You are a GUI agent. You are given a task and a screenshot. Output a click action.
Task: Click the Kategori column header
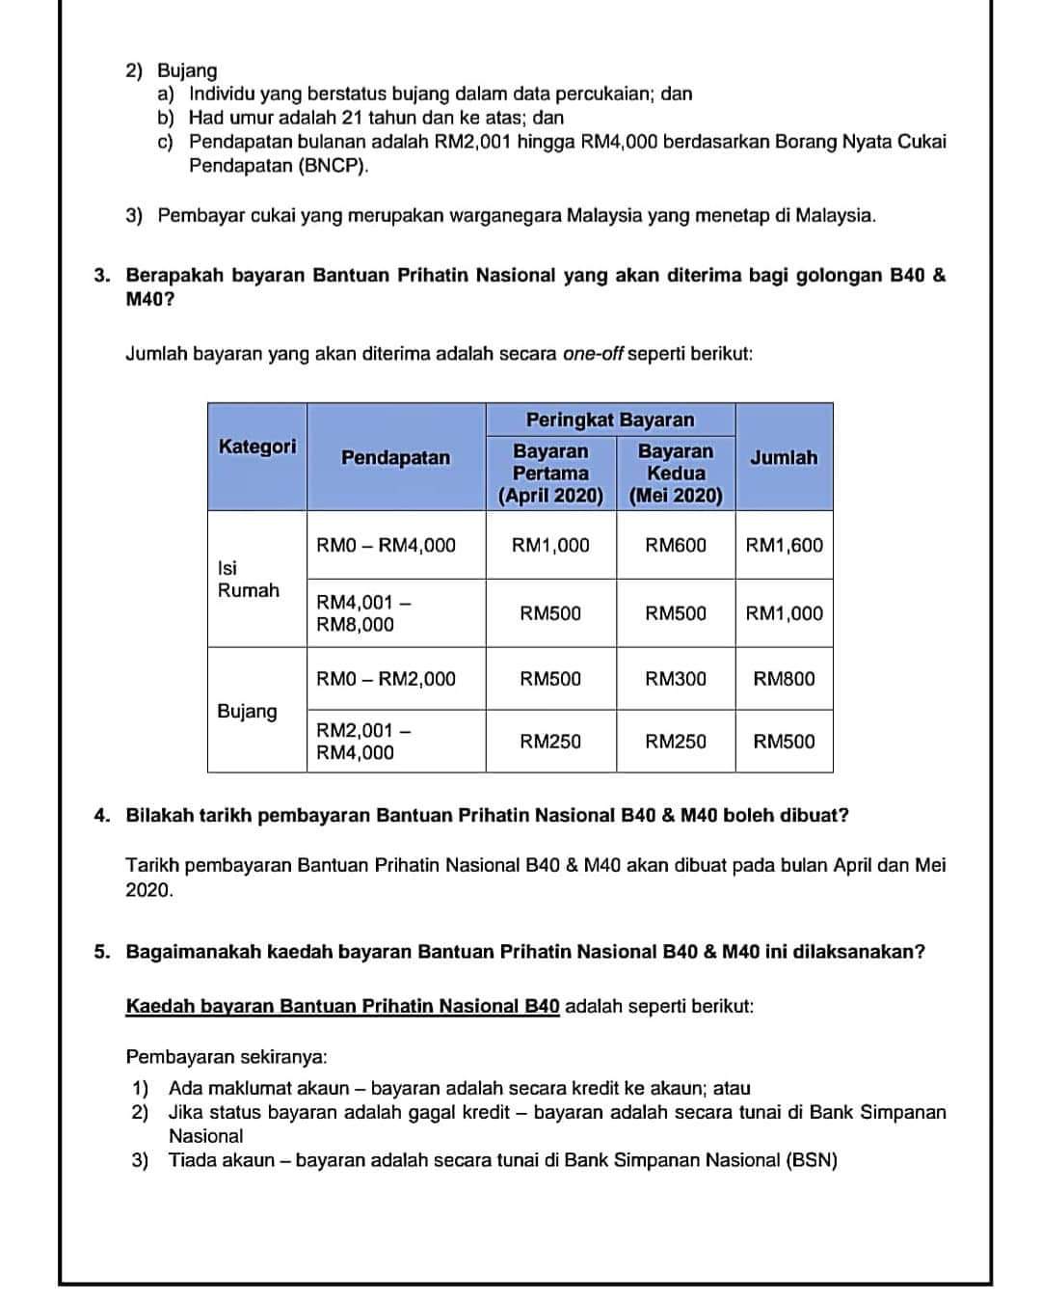[257, 447]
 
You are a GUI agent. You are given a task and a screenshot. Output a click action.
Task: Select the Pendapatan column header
[395, 458]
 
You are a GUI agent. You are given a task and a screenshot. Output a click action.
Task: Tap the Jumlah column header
[784, 458]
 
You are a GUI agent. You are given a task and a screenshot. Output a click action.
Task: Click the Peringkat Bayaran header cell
[610, 420]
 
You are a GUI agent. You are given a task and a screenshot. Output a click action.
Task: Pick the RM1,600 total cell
[785, 545]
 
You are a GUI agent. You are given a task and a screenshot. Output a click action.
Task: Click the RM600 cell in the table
[676, 545]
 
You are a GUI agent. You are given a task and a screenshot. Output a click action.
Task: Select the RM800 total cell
[785, 679]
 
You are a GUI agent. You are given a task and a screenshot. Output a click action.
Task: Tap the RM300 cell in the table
[676, 679]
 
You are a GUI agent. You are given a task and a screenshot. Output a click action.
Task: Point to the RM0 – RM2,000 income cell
[387, 679]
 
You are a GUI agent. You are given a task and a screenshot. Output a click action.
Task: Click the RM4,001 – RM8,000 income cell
[357, 613]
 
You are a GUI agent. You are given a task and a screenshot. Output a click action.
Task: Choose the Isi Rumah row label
[249, 579]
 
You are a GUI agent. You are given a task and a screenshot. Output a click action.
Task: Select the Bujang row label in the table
[247, 711]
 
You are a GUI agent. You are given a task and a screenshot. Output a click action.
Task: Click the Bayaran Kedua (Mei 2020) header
[676, 474]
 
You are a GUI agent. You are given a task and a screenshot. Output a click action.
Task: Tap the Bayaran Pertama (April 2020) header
[550, 474]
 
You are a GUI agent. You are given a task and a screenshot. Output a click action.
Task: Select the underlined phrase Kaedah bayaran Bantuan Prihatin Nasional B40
[343, 1007]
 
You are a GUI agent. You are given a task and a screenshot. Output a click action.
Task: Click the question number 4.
[102, 816]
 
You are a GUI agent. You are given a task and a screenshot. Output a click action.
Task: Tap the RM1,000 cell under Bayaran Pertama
[550, 545]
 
